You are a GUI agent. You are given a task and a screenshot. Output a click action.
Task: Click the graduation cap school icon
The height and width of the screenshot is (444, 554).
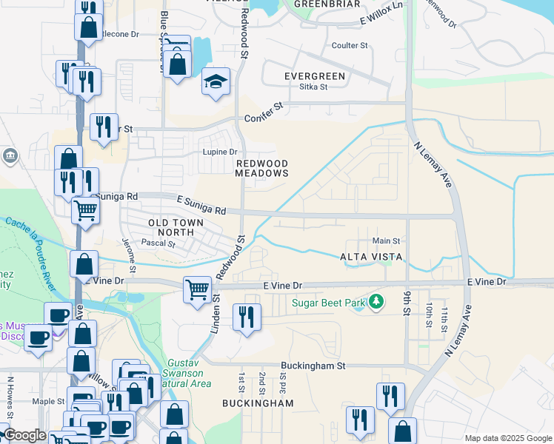pyautogui.click(x=216, y=81)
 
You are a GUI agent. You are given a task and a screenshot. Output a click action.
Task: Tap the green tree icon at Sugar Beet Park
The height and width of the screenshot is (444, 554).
pyautogui.click(x=378, y=301)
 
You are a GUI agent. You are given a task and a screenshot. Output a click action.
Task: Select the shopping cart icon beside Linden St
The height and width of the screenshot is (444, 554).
pyautogui.click(x=197, y=289)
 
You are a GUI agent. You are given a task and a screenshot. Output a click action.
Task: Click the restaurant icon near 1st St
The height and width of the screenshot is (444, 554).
pyautogui.click(x=246, y=317)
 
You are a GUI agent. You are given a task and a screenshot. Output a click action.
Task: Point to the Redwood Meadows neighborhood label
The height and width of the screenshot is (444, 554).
pyautogui.click(x=261, y=168)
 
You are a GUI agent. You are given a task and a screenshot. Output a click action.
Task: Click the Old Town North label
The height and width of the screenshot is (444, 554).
pyautogui.click(x=161, y=227)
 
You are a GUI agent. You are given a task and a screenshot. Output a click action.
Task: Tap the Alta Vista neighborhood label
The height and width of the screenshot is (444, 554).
pyautogui.click(x=371, y=257)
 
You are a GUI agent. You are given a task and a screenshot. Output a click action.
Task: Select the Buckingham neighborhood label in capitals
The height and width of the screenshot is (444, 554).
pyautogui.click(x=258, y=403)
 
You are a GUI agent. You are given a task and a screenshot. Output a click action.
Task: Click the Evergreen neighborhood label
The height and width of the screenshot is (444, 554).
pyautogui.click(x=315, y=76)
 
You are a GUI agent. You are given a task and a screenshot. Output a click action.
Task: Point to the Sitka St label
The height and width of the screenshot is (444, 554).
pyautogui.click(x=313, y=87)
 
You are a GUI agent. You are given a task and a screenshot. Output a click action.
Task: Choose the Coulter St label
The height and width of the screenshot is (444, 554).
pyautogui.click(x=350, y=46)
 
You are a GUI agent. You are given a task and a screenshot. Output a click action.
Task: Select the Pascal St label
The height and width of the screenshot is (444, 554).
pyautogui.click(x=156, y=242)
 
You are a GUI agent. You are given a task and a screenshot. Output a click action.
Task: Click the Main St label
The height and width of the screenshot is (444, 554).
pyautogui.click(x=386, y=241)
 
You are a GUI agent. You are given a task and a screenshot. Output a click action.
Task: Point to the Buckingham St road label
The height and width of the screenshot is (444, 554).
pyautogui.click(x=313, y=366)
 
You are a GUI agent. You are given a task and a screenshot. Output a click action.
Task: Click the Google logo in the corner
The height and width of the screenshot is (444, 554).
pyautogui.click(x=24, y=436)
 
